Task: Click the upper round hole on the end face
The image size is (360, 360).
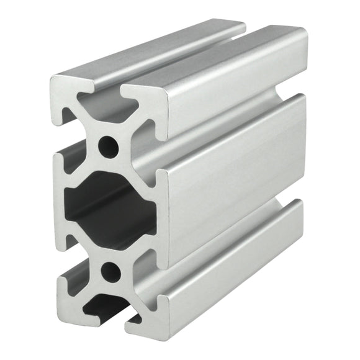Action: point(109,146)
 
